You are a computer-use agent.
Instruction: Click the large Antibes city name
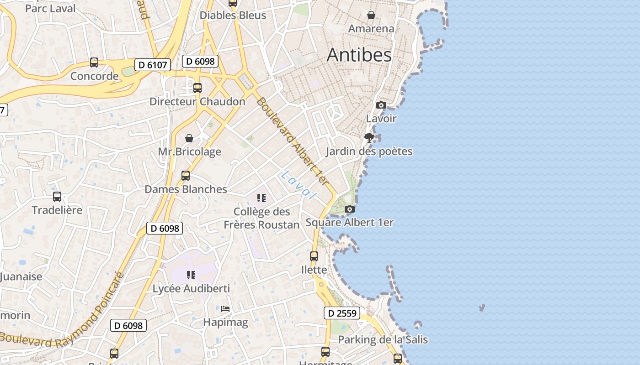pyautogui.click(x=359, y=55)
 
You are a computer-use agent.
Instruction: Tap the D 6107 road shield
pyautogui.click(x=153, y=65)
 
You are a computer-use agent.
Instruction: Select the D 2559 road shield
pyautogui.click(x=342, y=313)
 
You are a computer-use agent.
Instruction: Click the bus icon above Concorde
pyautogui.click(x=94, y=63)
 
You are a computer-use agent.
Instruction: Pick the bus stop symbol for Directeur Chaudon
pyautogui.click(x=197, y=88)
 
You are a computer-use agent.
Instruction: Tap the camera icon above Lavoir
pyautogui.click(x=381, y=105)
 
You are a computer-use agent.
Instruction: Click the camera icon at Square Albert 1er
pyautogui.click(x=350, y=209)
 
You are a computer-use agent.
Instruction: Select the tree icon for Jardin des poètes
pyautogui.click(x=369, y=138)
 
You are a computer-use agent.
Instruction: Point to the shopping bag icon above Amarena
pyautogui.click(x=371, y=15)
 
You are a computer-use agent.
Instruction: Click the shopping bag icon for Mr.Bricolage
pyautogui.click(x=189, y=138)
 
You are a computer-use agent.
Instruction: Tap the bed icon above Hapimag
pyautogui.click(x=225, y=309)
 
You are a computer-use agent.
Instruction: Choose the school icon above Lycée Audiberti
pyautogui.click(x=191, y=275)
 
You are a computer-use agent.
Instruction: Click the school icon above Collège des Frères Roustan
pyautogui.click(x=261, y=198)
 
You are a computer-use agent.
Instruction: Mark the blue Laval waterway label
pyautogui.click(x=299, y=185)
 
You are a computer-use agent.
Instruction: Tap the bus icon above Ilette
pyautogui.click(x=314, y=256)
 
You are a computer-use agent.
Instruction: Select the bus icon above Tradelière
pyautogui.click(x=57, y=197)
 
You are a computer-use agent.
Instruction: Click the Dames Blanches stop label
pyautogui.click(x=186, y=189)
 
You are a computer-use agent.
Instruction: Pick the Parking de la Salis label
pyautogui.click(x=383, y=339)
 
